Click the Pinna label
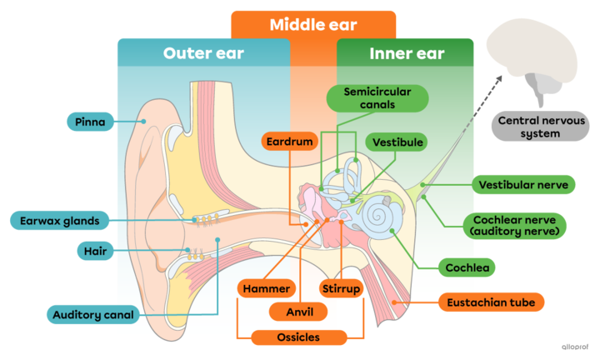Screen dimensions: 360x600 pos(89,122)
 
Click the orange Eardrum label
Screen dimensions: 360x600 pos(291,142)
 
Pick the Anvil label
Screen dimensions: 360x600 pos(297,312)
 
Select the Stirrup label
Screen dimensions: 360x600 pos(341,289)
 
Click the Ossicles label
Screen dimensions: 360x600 pos(297,337)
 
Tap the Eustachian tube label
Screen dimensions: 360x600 pos(491,302)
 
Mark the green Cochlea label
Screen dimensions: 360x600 pos(468,267)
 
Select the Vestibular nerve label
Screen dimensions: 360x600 pos(522,184)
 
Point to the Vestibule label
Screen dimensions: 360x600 pos(397,142)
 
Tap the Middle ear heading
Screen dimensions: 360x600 pos(312,25)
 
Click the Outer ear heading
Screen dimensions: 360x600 pos(203,54)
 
